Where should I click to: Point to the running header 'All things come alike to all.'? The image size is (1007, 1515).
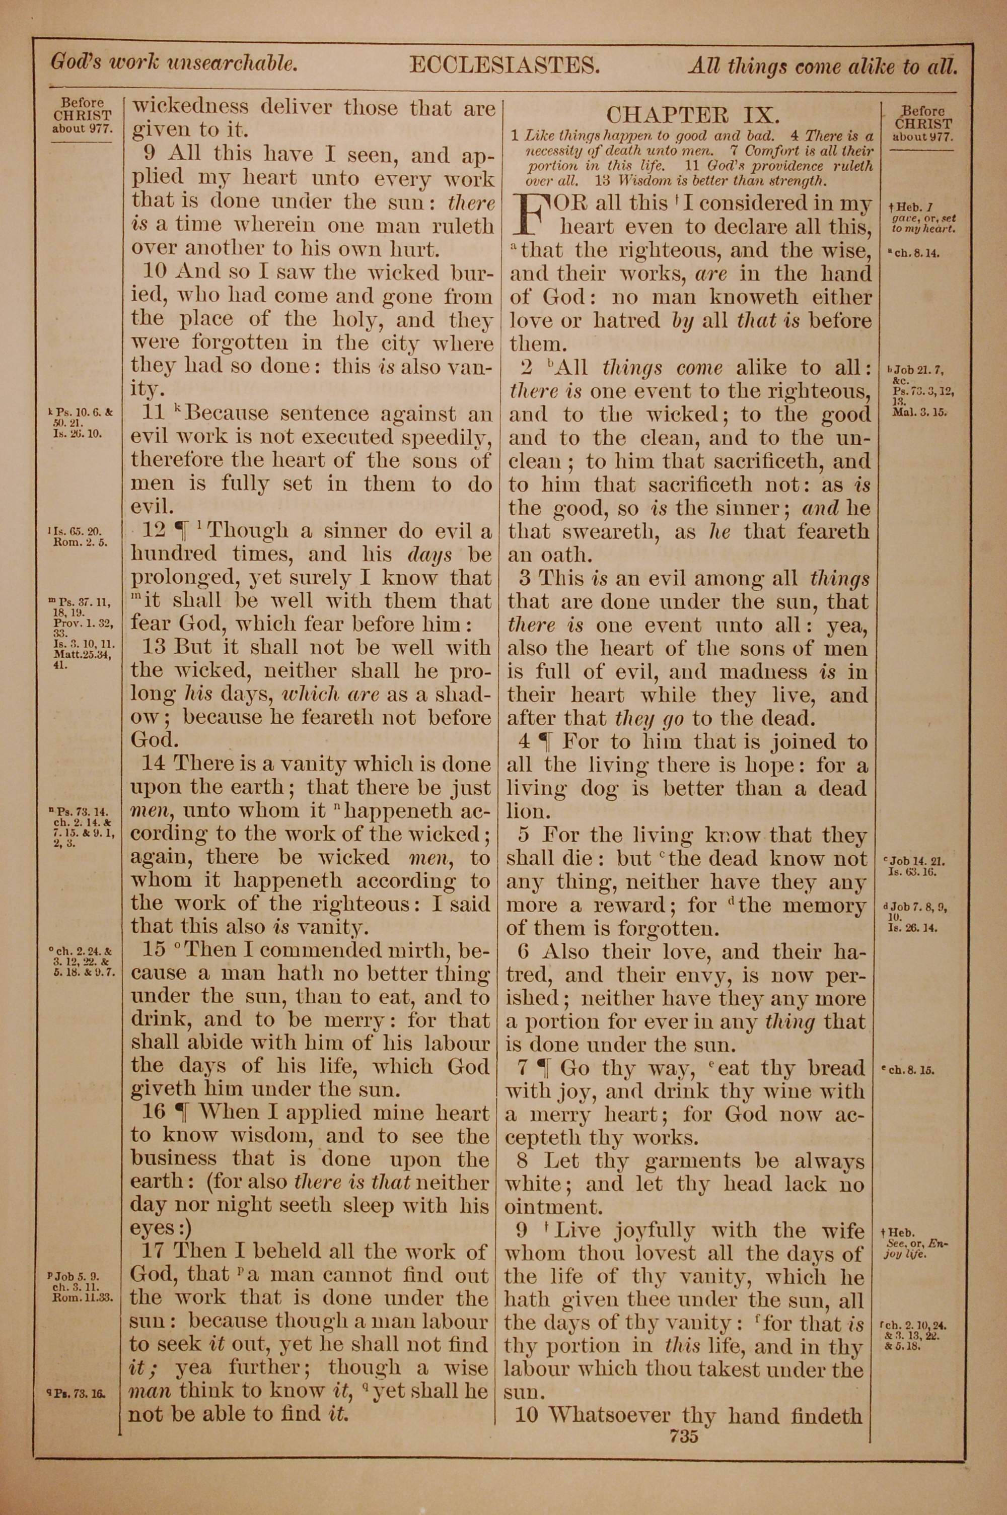click(x=823, y=65)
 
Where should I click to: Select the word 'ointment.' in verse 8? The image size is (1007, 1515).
click(x=553, y=1206)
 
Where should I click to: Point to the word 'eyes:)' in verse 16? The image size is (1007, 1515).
click(x=161, y=1228)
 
